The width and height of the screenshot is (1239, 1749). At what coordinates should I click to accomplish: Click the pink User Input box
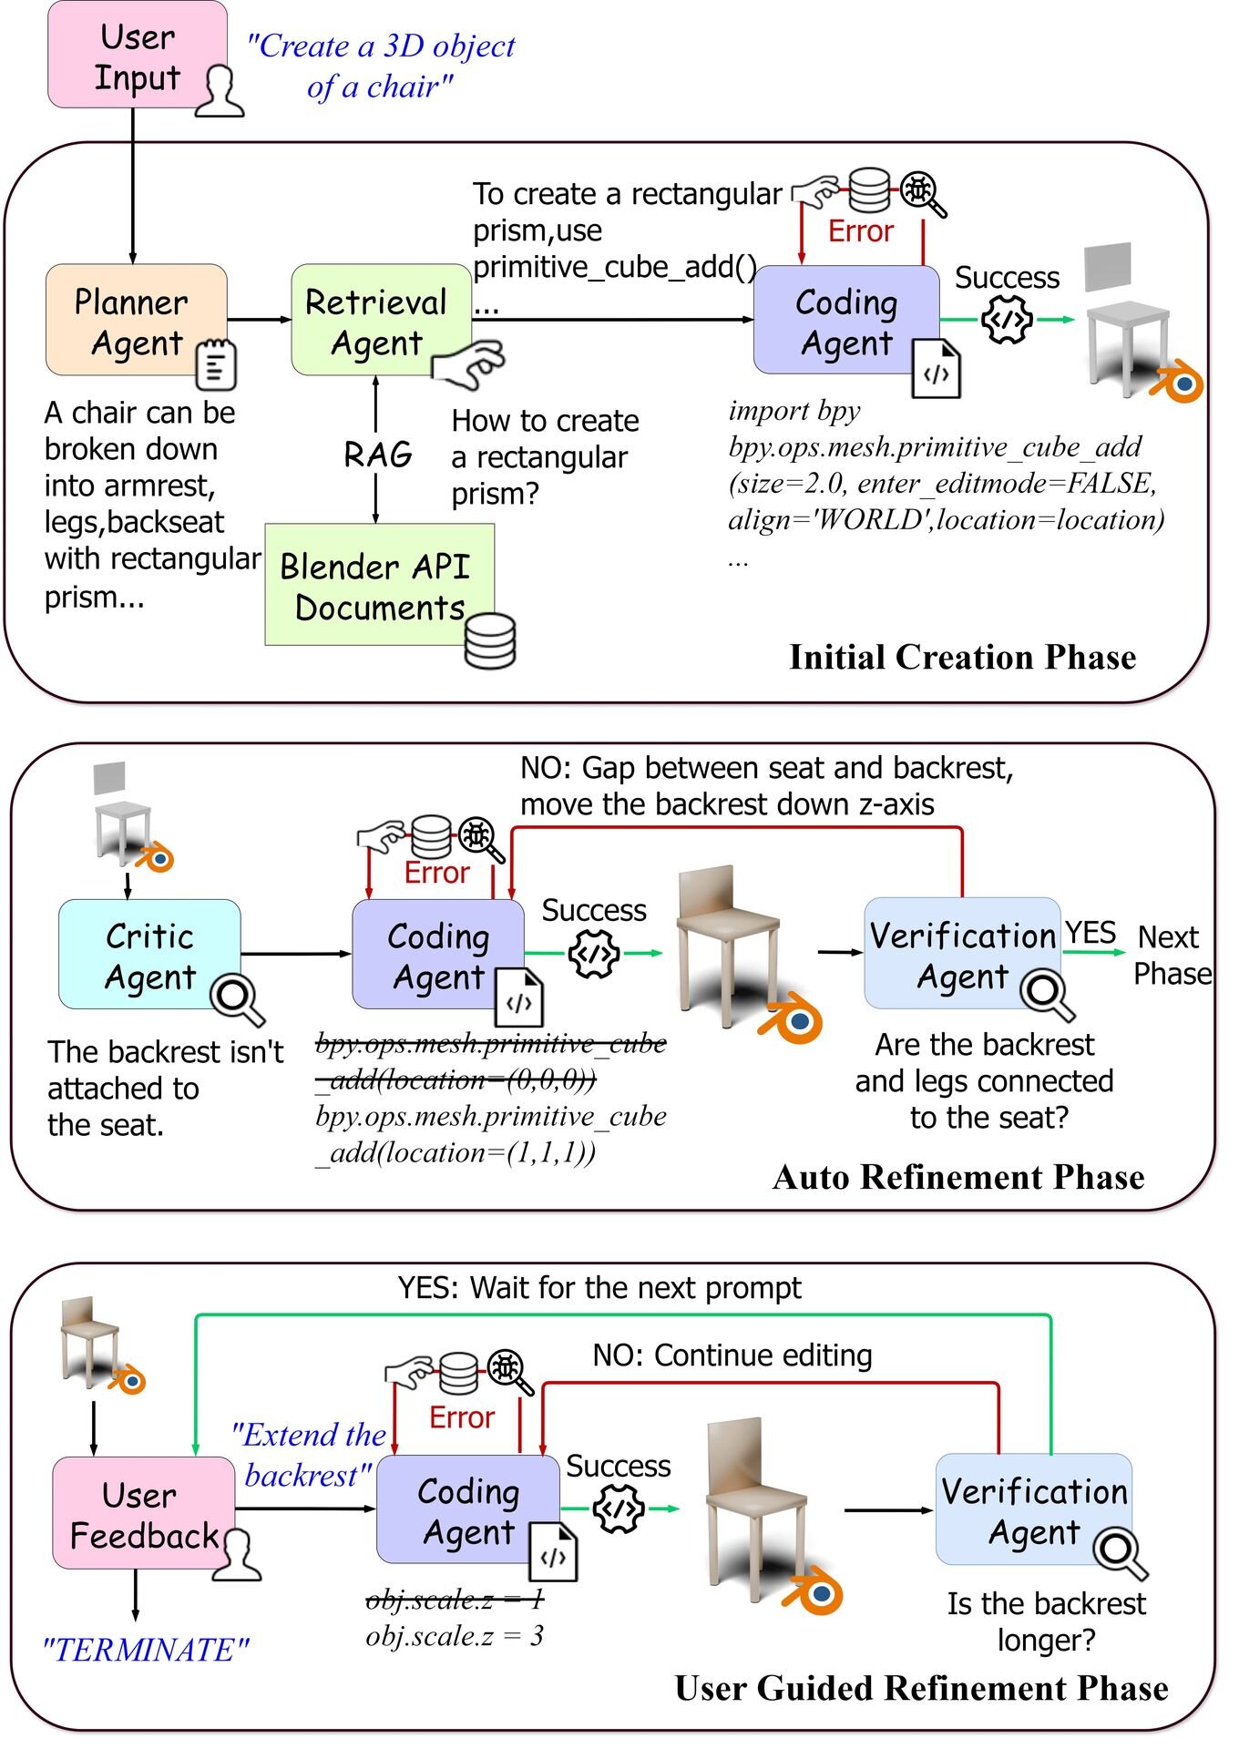138,55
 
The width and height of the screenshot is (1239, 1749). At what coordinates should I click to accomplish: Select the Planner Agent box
137,320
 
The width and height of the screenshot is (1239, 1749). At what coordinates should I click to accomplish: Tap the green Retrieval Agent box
381,320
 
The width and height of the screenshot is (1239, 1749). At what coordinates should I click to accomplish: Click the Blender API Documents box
380,585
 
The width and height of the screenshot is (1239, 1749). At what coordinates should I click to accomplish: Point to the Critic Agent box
149,954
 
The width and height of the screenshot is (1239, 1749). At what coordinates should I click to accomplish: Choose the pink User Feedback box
144,1513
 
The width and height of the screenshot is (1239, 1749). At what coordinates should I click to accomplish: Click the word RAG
378,454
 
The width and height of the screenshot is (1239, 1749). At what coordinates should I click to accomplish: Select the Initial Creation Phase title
962,657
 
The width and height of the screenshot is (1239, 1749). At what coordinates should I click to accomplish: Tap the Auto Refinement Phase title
958,1177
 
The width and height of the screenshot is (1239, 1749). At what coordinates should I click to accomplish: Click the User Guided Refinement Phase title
921,1688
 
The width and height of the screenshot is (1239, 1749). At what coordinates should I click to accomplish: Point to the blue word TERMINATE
146,1650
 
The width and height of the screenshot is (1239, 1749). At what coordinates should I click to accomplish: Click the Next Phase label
1172,955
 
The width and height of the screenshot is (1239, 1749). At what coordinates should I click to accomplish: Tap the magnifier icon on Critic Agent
238,999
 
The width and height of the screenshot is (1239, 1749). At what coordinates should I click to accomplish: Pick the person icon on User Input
220,90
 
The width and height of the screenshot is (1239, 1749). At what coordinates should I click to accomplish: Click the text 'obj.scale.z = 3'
455,1636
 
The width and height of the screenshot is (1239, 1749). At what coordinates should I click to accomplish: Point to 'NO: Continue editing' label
732,1355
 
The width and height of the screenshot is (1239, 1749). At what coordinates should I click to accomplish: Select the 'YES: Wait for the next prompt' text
599,1288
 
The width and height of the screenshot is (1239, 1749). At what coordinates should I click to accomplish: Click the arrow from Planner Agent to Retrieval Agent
260,320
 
